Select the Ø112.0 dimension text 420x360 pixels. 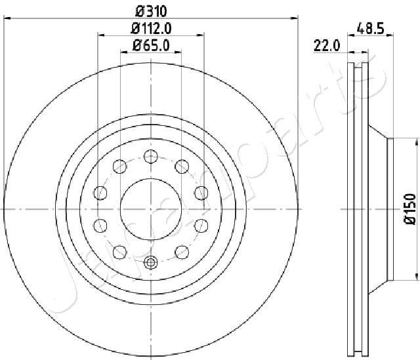[x=151, y=28]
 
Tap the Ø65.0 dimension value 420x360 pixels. [x=151, y=45]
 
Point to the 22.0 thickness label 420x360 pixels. [x=326, y=45]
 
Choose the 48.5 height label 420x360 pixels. [x=370, y=28]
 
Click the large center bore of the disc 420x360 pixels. [x=150, y=209]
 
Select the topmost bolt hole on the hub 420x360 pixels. [x=150, y=156]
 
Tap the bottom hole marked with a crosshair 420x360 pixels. [x=150, y=263]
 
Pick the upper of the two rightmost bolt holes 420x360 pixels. [x=201, y=193]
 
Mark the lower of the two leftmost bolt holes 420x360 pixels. [x=100, y=226]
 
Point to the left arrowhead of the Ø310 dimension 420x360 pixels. [x=6, y=19]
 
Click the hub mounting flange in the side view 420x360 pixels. [x=388, y=209]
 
